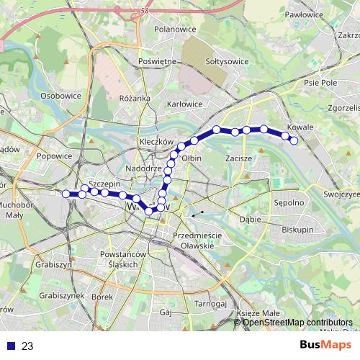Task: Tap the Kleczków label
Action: point(158,142)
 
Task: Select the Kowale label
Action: point(304,127)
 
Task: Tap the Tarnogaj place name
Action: point(210,305)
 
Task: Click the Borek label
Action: point(104,297)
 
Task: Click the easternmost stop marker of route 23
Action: point(294,140)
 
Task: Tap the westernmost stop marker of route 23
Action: point(66,194)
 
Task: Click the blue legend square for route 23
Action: point(9,346)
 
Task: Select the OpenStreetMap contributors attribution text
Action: point(298,322)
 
